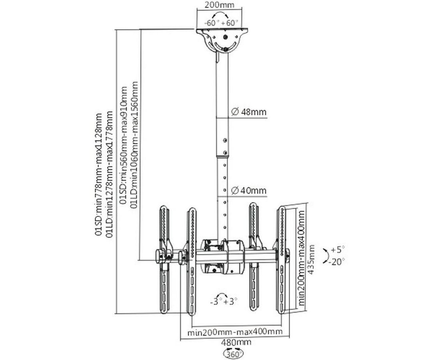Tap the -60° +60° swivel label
[221, 23]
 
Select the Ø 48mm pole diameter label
[248, 112]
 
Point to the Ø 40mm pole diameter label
[248, 191]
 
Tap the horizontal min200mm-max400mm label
[235, 332]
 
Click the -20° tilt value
[337, 262]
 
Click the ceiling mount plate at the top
[222, 31]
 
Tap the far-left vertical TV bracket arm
[164, 260]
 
